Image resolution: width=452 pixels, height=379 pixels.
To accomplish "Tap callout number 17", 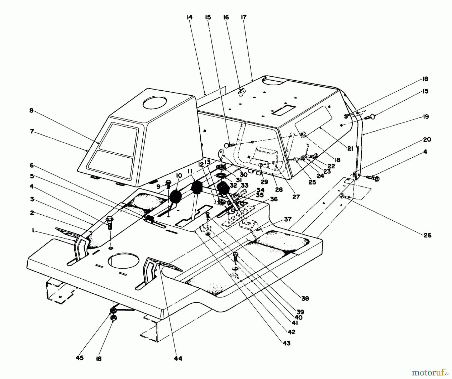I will click(x=244, y=17).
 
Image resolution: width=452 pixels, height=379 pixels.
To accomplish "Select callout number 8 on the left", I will click(x=31, y=110).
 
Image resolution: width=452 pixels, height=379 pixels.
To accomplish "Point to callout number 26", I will click(x=427, y=235).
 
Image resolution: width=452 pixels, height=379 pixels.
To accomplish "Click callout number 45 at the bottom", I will click(x=80, y=358).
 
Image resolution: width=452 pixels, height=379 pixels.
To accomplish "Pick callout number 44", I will click(x=178, y=358).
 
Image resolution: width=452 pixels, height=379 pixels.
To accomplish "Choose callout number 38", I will click(x=305, y=298).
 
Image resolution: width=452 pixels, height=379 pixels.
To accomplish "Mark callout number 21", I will click(x=350, y=149).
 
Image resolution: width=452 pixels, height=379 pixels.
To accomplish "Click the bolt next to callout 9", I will click(x=168, y=184).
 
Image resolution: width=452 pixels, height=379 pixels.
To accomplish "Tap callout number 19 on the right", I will click(x=426, y=117).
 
